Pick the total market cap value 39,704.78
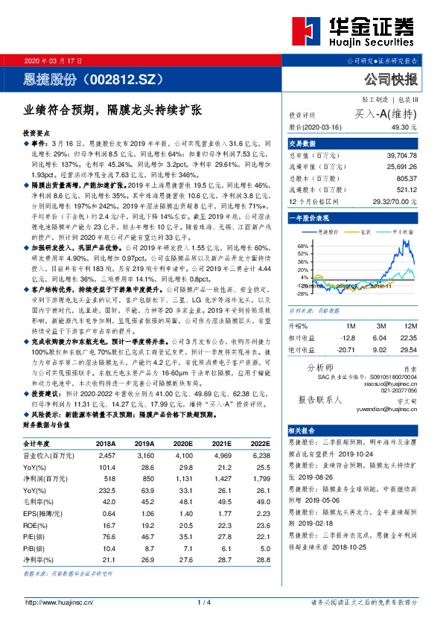coord(401,154)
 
